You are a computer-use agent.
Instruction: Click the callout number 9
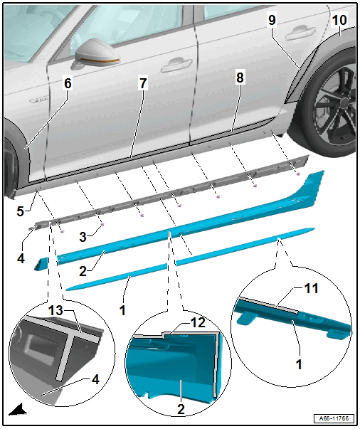(272, 20)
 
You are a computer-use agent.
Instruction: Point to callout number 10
(339, 20)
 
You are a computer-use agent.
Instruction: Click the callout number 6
(68, 83)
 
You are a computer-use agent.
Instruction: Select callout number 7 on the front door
(143, 83)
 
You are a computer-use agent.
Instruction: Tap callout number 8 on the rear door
(240, 77)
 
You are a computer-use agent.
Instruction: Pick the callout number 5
(21, 211)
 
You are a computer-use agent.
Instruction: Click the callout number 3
(83, 237)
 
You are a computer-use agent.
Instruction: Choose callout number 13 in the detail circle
(55, 310)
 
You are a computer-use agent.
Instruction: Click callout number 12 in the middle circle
(198, 322)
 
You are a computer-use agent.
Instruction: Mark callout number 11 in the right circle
(311, 288)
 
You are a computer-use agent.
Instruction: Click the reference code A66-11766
(334, 418)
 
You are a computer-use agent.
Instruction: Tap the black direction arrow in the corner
(18, 410)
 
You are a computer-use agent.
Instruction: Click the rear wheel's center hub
(345, 103)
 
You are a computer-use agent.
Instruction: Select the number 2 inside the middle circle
(181, 409)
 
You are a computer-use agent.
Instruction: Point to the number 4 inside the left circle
(95, 379)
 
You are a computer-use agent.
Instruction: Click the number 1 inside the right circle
(299, 364)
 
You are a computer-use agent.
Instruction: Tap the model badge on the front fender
(38, 100)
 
